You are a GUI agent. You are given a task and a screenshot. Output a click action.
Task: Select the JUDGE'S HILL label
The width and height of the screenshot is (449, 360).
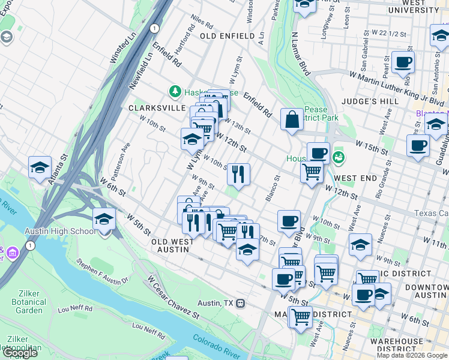coord(373,101)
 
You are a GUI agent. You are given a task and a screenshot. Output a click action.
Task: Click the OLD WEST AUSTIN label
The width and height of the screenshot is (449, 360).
coord(172,245)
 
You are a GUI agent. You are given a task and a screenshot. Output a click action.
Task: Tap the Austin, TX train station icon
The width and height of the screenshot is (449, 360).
coord(240,304)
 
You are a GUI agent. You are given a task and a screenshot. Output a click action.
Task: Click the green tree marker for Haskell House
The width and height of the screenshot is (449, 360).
coord(175,92)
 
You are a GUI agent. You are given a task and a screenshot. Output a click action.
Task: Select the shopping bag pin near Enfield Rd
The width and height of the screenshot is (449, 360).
coord(292,119)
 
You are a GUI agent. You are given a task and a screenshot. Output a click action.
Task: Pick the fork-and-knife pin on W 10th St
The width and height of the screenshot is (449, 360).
coord(238,174)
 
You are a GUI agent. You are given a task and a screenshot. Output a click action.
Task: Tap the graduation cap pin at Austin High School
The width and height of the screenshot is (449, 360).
coord(104,219)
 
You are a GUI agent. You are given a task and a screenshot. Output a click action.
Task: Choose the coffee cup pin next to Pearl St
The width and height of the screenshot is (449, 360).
coord(403,62)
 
